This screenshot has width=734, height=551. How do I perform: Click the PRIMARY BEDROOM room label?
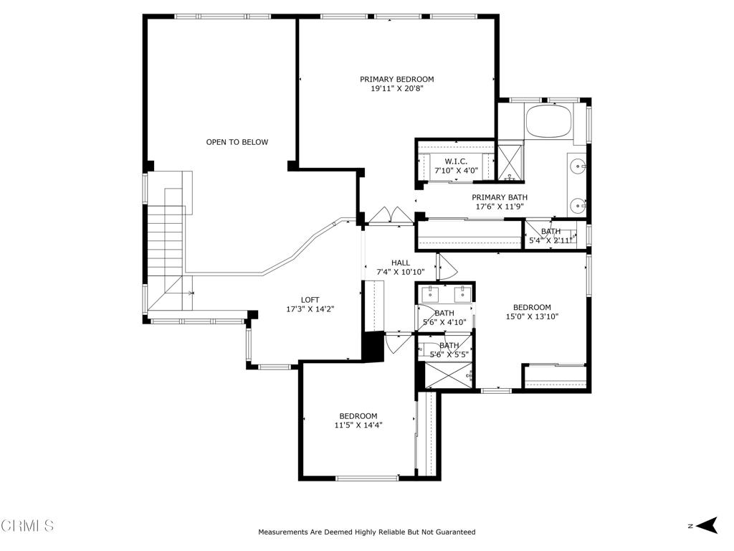(x=396, y=79)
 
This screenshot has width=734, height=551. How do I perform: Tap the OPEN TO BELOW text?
(x=237, y=142)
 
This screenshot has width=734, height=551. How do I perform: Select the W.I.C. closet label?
(x=456, y=161)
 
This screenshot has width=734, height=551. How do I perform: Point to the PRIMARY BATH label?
(x=500, y=197)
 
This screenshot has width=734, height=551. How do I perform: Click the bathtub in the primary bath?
(x=549, y=121)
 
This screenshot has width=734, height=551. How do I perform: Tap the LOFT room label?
(x=310, y=300)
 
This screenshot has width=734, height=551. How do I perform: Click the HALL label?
(x=401, y=263)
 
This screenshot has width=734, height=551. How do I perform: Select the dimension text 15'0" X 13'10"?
(x=532, y=316)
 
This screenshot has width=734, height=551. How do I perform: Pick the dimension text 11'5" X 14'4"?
(x=358, y=425)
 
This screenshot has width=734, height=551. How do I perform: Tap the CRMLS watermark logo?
(x=27, y=525)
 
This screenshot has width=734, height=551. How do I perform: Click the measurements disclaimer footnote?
(x=366, y=532)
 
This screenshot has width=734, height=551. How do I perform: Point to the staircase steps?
(x=165, y=248)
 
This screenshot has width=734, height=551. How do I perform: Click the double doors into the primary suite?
(x=391, y=217)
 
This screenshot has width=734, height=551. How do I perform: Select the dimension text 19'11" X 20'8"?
(x=397, y=88)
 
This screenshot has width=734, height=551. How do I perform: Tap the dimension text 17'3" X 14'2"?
(x=310, y=309)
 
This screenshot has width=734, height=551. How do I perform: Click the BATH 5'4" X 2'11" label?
(x=550, y=235)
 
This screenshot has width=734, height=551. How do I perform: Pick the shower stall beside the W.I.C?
(x=510, y=163)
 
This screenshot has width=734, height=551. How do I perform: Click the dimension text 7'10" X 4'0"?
(x=456, y=171)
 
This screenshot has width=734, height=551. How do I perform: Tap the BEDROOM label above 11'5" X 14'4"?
(x=358, y=416)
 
